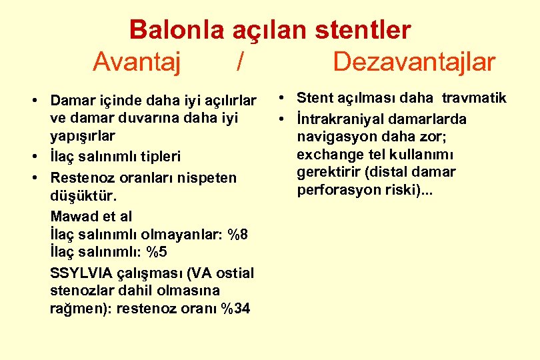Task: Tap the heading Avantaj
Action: tap(137, 62)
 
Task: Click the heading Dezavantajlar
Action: tap(414, 62)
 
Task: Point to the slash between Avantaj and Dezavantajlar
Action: tap(239, 62)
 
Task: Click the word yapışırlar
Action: tap(83, 135)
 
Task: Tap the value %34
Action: tap(236, 309)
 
